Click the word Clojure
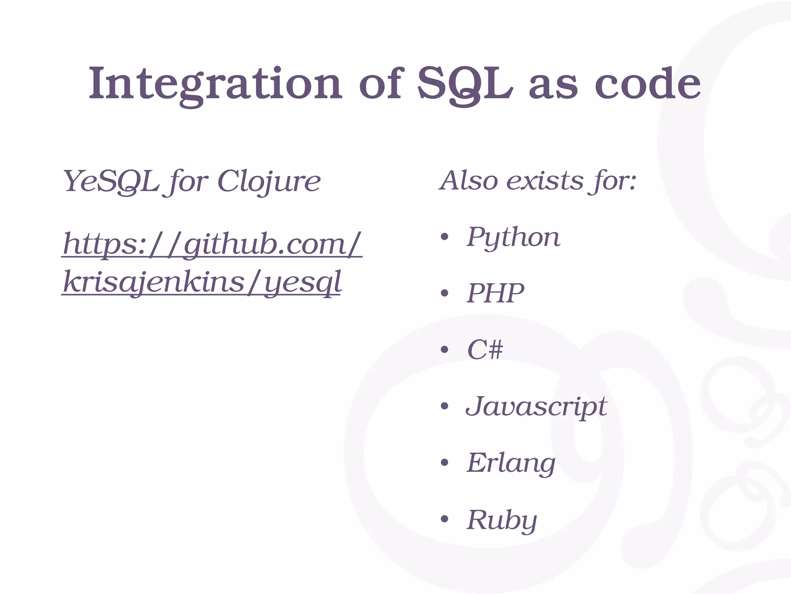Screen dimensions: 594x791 [269, 181]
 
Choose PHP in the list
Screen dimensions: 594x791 [496, 293]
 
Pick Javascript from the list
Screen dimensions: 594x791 [536, 406]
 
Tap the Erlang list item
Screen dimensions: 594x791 [511, 463]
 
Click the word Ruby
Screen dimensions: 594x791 [502, 520]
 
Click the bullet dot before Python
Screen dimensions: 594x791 [444, 237]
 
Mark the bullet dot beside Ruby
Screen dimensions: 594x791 [444, 519]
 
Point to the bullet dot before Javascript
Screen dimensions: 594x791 [444, 406]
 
